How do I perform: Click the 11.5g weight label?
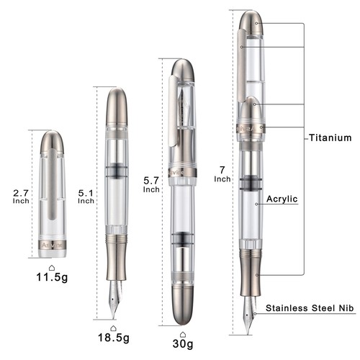(50, 276)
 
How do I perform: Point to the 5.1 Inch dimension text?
(86, 197)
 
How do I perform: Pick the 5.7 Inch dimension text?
(151, 185)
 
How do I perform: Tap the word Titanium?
(331, 138)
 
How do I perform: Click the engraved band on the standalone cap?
(51, 246)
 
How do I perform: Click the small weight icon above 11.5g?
(50, 265)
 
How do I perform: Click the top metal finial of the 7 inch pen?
(251, 22)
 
